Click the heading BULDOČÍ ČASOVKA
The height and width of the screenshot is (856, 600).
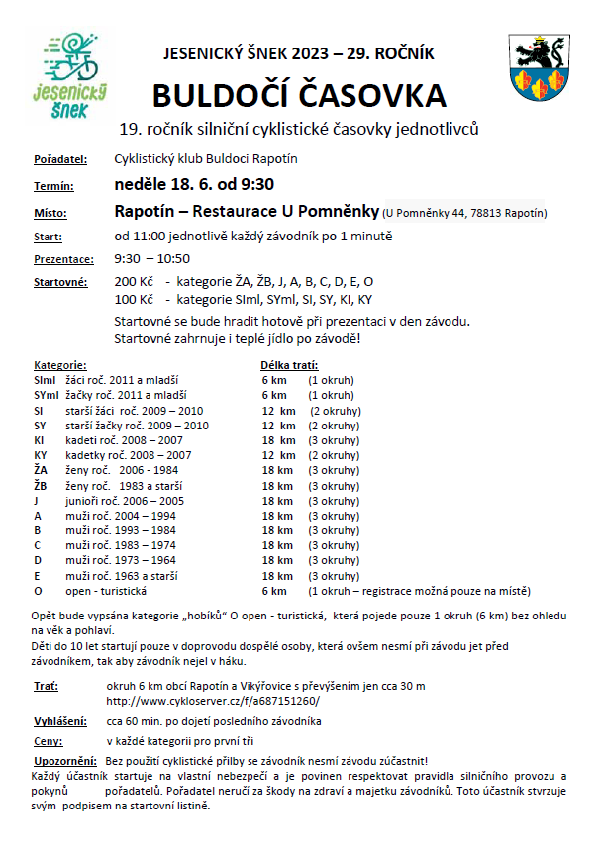(299, 95)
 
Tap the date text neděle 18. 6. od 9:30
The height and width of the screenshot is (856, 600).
(194, 184)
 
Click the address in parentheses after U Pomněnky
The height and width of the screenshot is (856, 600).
(465, 213)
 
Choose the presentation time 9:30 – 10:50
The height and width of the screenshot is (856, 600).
(153, 259)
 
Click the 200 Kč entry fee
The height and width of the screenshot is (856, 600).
(134, 282)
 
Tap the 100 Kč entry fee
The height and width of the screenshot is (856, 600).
(134, 299)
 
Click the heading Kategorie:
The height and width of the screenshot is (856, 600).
(60, 365)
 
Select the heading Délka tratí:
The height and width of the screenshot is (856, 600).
(289, 365)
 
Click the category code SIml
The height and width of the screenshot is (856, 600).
(45, 380)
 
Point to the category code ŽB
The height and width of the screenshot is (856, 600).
(41, 486)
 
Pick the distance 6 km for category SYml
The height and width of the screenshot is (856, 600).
(274, 395)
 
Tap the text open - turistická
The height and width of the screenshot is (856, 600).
(105, 591)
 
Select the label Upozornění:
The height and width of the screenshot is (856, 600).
(63, 760)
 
